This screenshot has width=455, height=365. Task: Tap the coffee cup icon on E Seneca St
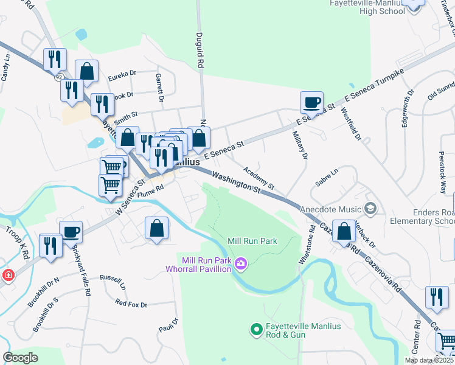[311, 102]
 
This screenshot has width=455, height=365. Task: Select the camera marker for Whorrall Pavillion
[241, 263]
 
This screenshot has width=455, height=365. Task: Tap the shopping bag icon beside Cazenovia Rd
[344, 231]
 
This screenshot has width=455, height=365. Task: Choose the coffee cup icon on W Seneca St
[71, 231]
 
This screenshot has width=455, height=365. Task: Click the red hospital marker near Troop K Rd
[7, 276]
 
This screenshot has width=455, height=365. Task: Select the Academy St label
[259, 178]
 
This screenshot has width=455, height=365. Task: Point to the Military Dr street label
[299, 145]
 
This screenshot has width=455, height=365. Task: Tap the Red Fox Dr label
[131, 303]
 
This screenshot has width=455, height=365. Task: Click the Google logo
[20, 357]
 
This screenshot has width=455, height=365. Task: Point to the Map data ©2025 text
[429, 360]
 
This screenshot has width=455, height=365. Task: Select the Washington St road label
[236, 182]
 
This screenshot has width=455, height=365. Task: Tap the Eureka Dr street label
[122, 74]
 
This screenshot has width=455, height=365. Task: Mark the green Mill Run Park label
[252, 241]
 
